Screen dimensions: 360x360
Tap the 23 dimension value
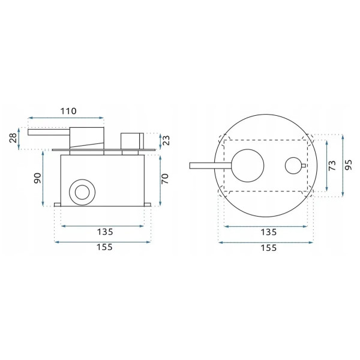point(166,140)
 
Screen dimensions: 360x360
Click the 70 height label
point(166,179)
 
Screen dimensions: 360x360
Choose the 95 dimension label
point(349,164)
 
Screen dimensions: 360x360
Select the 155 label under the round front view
point(267,247)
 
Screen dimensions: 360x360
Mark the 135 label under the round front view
point(267,232)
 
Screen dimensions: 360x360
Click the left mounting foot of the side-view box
point(58,205)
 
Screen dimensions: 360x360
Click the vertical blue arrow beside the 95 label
point(341,164)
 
